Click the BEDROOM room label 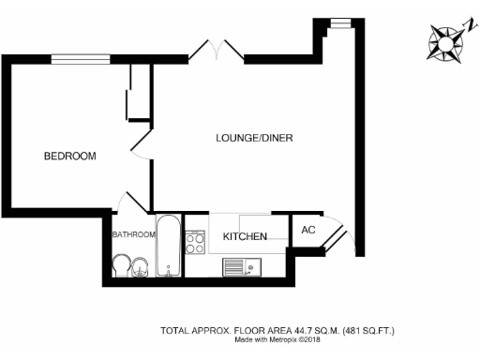(70, 157)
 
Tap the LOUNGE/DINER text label (254, 138)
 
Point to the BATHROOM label (133, 234)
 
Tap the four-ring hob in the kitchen (196, 243)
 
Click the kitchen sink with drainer (243, 267)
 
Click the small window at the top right (335, 22)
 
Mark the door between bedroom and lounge (141, 143)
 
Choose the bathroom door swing (129, 202)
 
